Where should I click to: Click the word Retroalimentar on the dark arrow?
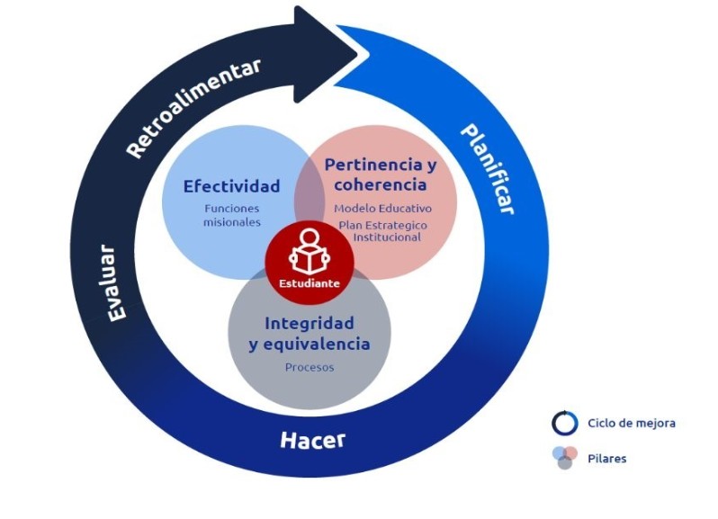click(x=193, y=108)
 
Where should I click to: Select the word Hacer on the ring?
click(x=313, y=440)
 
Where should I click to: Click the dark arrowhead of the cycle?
click(x=325, y=55)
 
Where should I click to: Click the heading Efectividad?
click(x=232, y=186)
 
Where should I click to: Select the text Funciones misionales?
click(x=232, y=215)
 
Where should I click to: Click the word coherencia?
click(x=381, y=184)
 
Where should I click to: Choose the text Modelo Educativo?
click(x=382, y=209)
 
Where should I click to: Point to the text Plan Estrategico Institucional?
click(x=383, y=231)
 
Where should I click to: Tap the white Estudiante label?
click(x=310, y=283)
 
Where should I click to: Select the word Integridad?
click(x=310, y=323)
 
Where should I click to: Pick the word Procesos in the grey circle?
click(x=310, y=367)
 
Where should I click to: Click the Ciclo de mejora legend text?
click(x=632, y=423)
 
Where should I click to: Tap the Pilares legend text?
click(x=606, y=459)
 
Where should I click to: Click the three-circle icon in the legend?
click(x=565, y=458)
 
